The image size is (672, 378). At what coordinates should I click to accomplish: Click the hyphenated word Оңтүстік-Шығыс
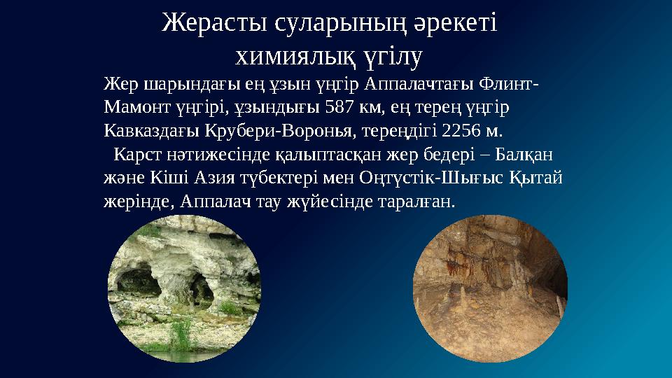point(428,178)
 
